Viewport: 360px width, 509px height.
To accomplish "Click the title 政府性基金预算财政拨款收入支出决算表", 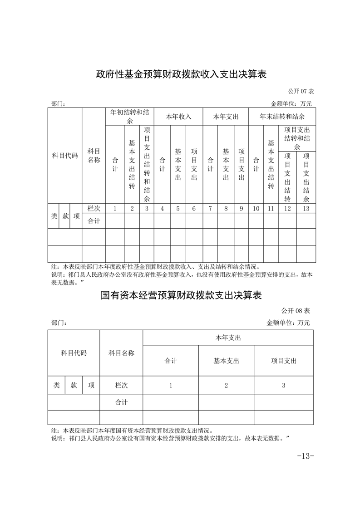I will point(180,74).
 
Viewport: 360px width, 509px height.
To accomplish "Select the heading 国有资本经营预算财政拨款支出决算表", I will point(181,295).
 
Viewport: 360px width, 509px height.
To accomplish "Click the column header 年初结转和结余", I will point(129,116).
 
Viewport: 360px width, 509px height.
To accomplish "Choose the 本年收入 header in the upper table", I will point(178,117).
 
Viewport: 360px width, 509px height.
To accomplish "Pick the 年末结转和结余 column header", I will point(282,117).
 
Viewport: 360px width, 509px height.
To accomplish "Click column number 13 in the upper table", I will point(306,209).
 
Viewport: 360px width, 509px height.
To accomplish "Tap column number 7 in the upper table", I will point(210,209).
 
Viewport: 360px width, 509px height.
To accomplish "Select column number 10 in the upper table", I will point(256,209).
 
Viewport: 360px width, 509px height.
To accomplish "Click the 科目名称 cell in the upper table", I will point(94,156).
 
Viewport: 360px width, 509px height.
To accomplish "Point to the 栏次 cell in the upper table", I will point(94,209).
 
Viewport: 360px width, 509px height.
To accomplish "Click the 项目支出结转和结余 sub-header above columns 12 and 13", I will point(297,139).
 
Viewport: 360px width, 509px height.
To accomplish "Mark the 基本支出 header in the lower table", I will point(226,361).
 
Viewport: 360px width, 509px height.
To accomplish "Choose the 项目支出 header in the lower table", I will point(283,361).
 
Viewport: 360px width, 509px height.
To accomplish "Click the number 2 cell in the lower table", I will point(226,385).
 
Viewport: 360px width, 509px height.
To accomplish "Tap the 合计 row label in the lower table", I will point(121,402).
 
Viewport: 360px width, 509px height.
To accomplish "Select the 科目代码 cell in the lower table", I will point(74,353).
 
